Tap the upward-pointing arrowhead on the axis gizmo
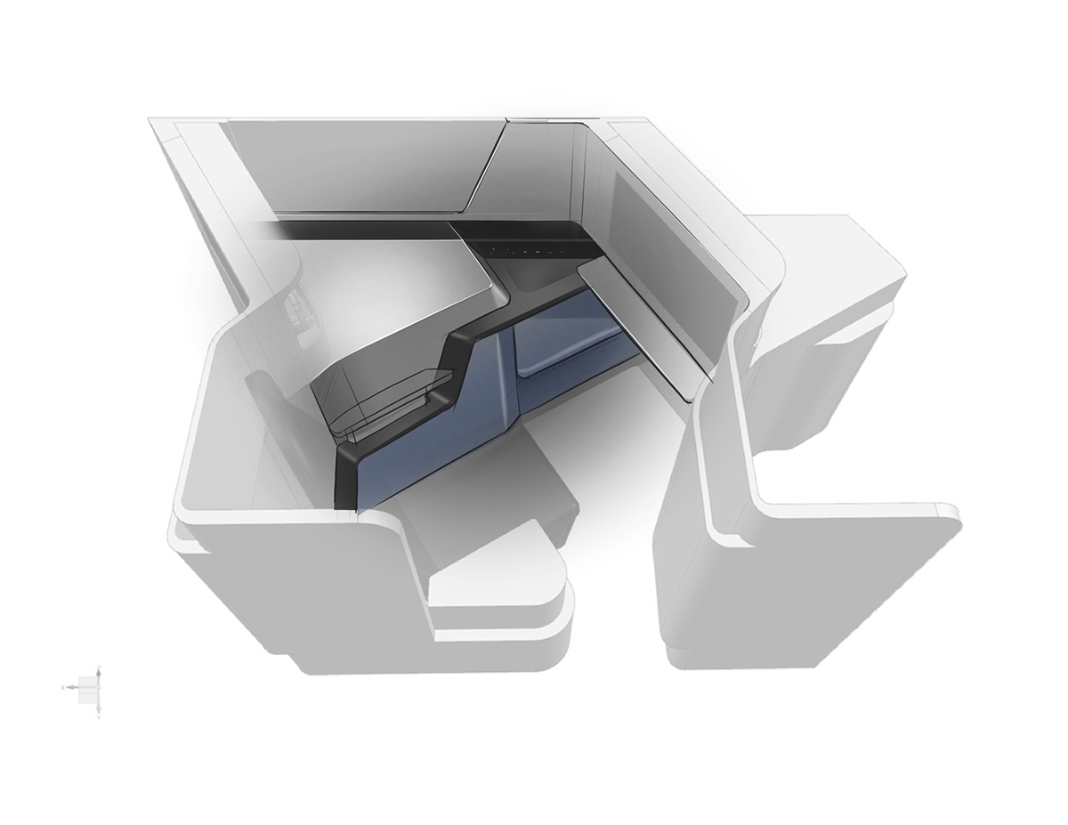point(99,668)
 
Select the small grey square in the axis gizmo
point(88,686)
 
